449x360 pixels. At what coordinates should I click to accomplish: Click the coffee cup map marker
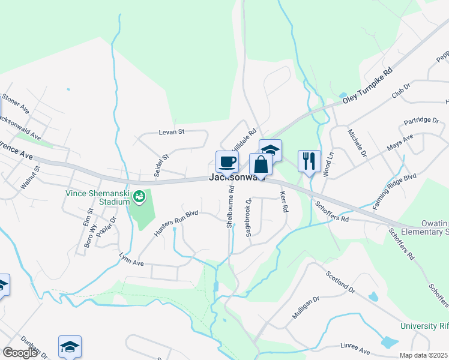[x=227, y=161]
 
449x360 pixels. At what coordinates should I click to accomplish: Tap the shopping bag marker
[x=260, y=164]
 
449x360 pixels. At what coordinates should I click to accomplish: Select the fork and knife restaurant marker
[x=309, y=160]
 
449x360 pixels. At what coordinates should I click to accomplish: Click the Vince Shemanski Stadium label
[x=98, y=197]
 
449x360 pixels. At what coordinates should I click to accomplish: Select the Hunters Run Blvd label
[x=176, y=222]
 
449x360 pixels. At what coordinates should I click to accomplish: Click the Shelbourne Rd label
[x=231, y=206]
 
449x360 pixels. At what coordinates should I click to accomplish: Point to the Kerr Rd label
[x=284, y=201]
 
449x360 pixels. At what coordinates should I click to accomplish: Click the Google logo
[x=20, y=353]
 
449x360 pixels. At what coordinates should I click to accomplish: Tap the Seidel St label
[x=162, y=163]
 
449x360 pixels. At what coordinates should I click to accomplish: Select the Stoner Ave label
[x=16, y=103]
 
